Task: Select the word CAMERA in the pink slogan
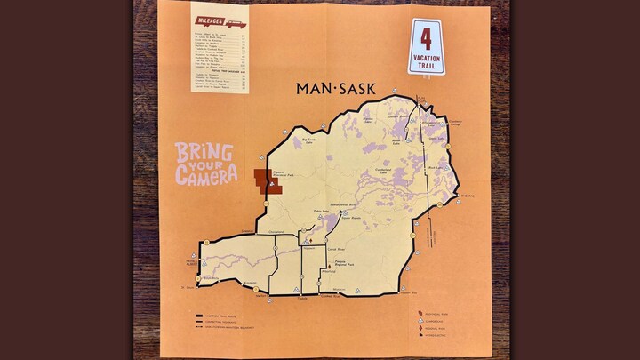206,175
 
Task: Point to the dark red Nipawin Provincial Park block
264,180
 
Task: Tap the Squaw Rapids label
349,218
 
